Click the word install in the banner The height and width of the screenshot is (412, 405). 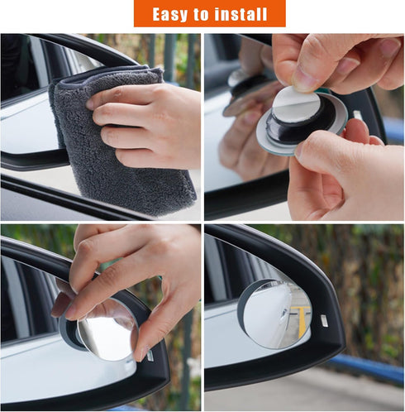click(x=241, y=14)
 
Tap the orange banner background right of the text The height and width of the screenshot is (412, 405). click(x=277, y=14)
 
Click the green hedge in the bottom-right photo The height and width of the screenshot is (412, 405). click(x=364, y=273)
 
